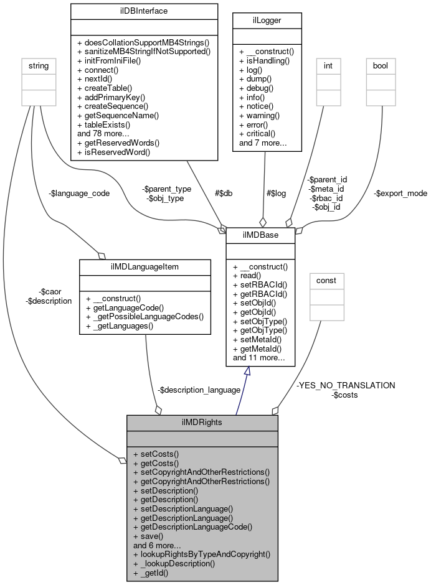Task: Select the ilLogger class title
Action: click(267, 21)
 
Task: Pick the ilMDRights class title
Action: click(202, 422)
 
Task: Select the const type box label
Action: click(326, 280)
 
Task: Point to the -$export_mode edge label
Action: click(400, 193)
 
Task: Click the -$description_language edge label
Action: click(199, 390)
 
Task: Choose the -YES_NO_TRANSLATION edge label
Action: click(346, 385)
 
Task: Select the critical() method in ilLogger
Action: click(260, 134)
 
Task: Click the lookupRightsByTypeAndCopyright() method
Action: click(201, 553)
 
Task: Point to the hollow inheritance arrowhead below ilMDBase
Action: click(247, 371)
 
